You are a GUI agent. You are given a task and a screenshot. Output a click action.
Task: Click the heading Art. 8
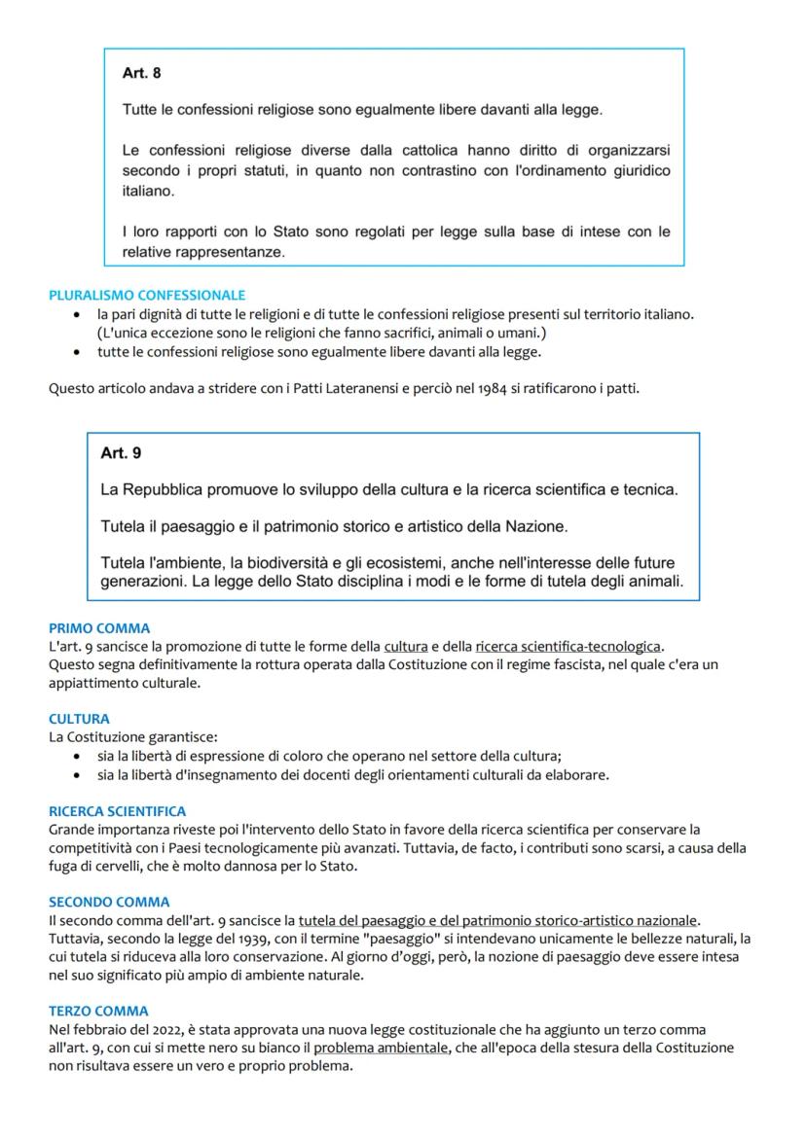(142, 73)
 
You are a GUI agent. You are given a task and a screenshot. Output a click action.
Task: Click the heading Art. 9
(121, 453)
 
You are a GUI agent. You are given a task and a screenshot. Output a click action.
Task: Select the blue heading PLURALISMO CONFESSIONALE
(147, 295)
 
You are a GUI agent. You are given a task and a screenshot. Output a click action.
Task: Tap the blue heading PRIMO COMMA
(99, 628)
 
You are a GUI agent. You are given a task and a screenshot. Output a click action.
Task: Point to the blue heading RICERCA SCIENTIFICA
(117, 811)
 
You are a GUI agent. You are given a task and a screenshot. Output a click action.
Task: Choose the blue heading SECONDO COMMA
(109, 902)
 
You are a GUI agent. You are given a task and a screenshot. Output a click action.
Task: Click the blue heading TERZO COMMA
(98, 1011)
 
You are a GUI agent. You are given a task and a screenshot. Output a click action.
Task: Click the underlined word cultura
(406, 646)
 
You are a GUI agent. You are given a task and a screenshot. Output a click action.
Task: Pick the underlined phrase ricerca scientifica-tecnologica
(568, 646)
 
